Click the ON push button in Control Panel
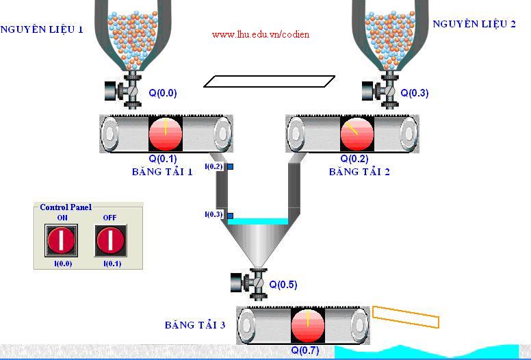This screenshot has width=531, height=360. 62,240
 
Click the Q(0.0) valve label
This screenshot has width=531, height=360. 163,93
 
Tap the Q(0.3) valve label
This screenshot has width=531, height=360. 415,93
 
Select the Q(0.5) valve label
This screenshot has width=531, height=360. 283,285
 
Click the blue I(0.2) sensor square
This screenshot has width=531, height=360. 231,166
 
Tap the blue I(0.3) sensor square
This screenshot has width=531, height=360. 231,215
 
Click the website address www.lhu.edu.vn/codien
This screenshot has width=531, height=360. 261,34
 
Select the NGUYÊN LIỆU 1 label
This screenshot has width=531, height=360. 42,29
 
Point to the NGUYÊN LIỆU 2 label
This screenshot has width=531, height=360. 474,24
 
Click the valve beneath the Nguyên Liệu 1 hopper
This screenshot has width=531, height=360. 123,91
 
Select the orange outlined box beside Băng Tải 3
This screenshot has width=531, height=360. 406,317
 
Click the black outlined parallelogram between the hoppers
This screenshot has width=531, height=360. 270,81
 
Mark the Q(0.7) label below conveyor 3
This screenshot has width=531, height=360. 305,350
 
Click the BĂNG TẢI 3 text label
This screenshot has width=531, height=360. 195,325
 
